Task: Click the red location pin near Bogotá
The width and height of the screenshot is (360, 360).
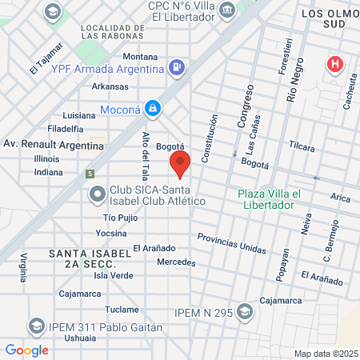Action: (179, 164)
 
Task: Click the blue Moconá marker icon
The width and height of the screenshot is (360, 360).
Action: (152, 109)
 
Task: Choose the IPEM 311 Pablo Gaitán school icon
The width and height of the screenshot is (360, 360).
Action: (35, 326)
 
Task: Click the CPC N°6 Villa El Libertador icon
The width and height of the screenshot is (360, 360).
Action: (227, 10)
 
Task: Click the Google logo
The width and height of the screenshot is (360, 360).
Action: (26, 350)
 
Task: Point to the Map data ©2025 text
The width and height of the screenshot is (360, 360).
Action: (326, 353)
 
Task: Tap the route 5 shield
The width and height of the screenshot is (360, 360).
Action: (90, 173)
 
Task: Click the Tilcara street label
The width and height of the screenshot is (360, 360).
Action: (302, 146)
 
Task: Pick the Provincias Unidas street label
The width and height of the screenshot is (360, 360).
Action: (231, 243)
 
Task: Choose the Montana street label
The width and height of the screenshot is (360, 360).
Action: (141, 57)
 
